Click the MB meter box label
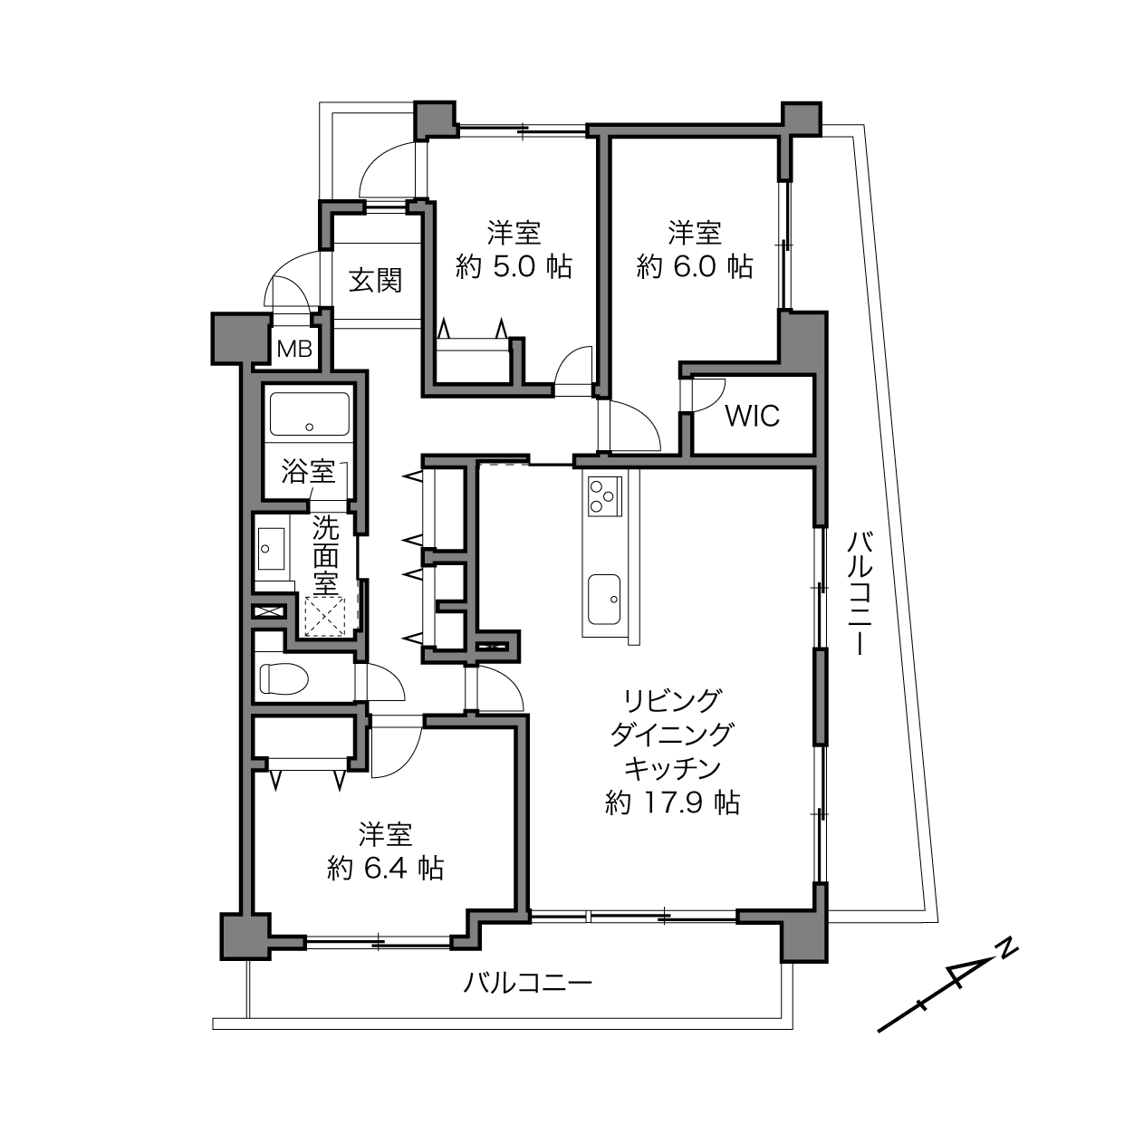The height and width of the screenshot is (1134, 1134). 294,350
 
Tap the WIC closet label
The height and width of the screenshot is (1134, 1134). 753,416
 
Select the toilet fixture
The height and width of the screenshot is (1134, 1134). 284,678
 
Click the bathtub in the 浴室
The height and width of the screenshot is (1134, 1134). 309,414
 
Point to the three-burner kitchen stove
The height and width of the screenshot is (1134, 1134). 604,495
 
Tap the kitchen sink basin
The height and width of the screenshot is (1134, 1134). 604,599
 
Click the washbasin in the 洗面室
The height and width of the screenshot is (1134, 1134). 270,549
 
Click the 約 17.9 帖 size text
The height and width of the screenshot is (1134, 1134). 672,802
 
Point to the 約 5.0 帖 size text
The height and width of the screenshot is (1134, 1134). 514,267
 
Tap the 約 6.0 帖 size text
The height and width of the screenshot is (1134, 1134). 695,267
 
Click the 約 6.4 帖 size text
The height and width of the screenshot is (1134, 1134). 385,869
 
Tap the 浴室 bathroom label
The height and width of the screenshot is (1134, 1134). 308,471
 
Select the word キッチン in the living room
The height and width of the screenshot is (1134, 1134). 672,769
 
